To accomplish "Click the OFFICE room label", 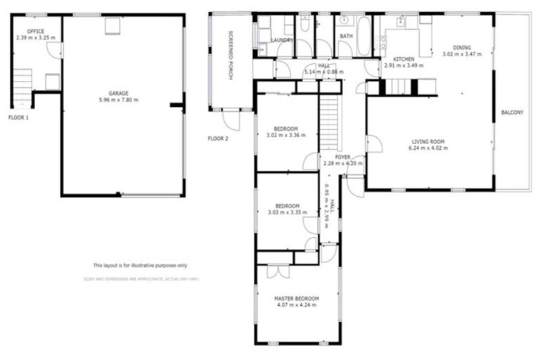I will (x=35, y=31).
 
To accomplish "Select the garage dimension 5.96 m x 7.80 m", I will (x=118, y=100).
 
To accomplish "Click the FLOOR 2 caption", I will (x=218, y=139).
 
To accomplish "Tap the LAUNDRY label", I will (x=282, y=41).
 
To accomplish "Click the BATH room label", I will (x=346, y=36).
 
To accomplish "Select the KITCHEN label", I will (x=404, y=58).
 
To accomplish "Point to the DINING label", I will (x=462, y=47).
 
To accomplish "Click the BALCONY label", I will (x=512, y=112).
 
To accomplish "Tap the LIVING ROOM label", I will (x=428, y=141).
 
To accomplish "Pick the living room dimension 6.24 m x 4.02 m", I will (x=428, y=148).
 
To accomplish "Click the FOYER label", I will (x=342, y=157).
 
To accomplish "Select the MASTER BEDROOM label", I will (x=296, y=297).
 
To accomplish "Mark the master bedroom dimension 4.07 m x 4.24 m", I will (x=296, y=305).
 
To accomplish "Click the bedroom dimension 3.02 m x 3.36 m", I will (x=286, y=136).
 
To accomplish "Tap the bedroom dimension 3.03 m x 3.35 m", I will (x=286, y=212).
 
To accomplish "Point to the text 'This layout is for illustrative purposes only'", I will (x=141, y=266).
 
